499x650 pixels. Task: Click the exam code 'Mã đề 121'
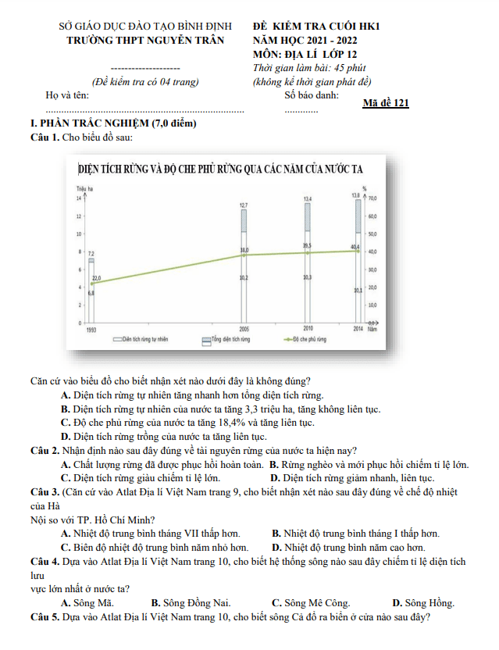[x=386, y=103]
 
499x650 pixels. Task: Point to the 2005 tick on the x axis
[x=244, y=329]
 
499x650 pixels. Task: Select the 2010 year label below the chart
[x=308, y=329]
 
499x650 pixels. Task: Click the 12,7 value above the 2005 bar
[x=244, y=205]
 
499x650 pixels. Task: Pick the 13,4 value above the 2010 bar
[x=308, y=199]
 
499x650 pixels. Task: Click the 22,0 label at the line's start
[x=97, y=278]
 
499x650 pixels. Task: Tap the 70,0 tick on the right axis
[x=372, y=199]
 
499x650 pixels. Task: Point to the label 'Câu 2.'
[x=45, y=451]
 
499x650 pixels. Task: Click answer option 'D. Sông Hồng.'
[x=423, y=603]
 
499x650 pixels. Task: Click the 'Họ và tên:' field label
[x=67, y=95]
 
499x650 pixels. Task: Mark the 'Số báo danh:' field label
[x=312, y=95]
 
